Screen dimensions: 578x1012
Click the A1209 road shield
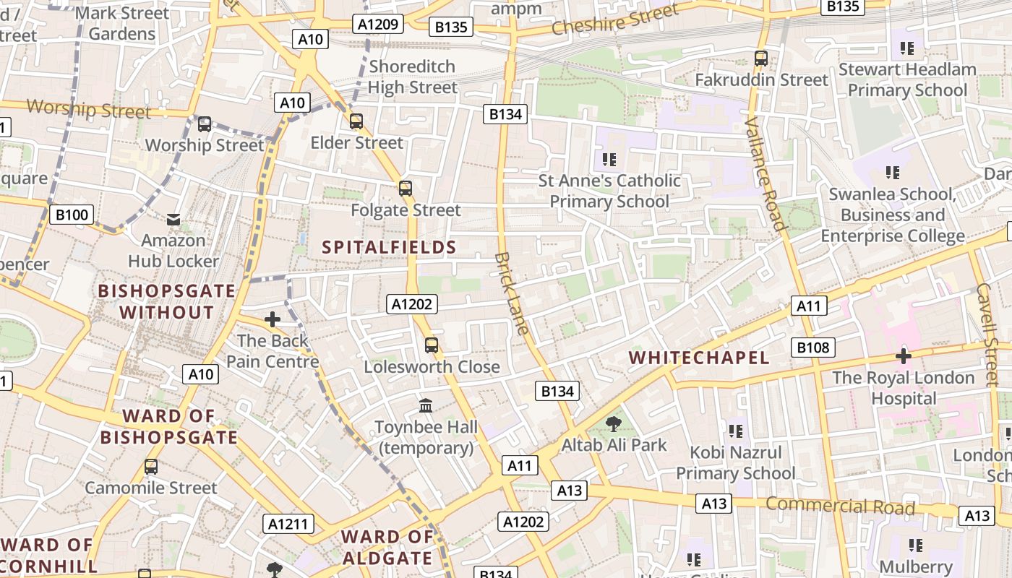[x=378, y=25]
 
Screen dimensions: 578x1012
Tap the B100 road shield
[x=72, y=215]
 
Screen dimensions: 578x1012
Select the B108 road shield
[x=812, y=348]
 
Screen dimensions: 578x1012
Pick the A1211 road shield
[x=288, y=524]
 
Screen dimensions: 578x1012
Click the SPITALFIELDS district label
[x=389, y=248]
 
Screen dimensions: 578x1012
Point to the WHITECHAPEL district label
[x=698, y=358]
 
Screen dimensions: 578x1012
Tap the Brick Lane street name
[x=513, y=293]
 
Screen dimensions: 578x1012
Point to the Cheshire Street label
[x=615, y=20]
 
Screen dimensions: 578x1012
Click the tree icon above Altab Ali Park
[x=614, y=424]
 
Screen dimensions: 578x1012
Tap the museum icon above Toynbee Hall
[x=426, y=406]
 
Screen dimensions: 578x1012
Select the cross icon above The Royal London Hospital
[x=903, y=356]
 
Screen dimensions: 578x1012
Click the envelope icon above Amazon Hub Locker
[x=173, y=219]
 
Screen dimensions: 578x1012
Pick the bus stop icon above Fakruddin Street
[x=760, y=59]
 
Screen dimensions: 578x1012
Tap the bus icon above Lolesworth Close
[x=432, y=345]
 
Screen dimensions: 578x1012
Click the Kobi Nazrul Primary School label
[x=735, y=463]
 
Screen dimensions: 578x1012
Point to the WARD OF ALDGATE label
[x=387, y=548]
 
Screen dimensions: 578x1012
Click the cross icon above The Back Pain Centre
[x=273, y=319]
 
